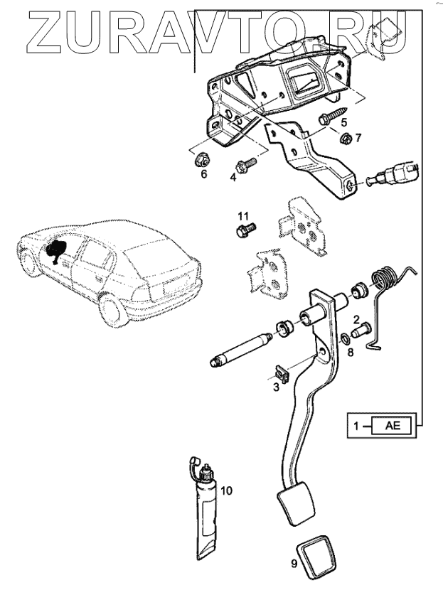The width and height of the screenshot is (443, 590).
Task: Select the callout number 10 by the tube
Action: [226, 490]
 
